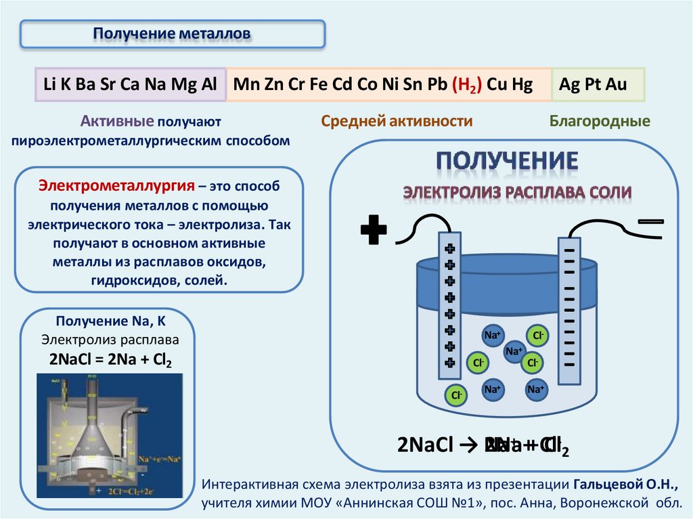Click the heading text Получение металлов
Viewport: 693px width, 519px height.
(x=172, y=33)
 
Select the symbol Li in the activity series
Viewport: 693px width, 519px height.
(x=49, y=85)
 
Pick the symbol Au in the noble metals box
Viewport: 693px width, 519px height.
(x=617, y=85)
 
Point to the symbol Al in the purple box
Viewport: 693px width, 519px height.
(x=208, y=85)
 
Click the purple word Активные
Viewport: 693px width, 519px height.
(x=117, y=122)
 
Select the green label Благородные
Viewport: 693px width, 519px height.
(x=599, y=122)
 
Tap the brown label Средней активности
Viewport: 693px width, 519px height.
(x=397, y=122)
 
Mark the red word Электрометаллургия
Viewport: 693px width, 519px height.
(x=116, y=186)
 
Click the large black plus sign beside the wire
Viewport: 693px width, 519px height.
(x=374, y=231)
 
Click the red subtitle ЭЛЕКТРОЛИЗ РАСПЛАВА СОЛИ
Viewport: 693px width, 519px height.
(x=517, y=192)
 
